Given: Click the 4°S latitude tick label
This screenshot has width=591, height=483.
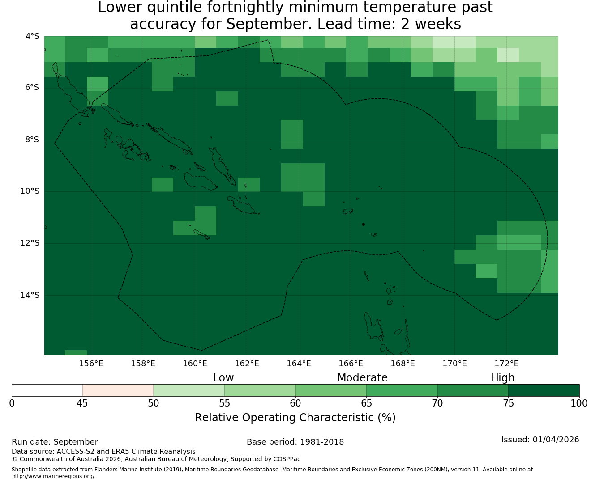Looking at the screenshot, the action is click(32, 36).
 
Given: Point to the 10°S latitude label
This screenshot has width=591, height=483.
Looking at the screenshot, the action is click(30, 191).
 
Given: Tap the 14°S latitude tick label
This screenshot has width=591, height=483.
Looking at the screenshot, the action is click(30, 295).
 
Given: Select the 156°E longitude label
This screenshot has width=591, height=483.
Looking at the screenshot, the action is click(91, 364).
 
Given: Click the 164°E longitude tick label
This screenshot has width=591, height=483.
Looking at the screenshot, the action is click(299, 364).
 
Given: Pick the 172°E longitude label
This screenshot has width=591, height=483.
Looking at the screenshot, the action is click(506, 364).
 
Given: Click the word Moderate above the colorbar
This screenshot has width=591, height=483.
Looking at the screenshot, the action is click(362, 378).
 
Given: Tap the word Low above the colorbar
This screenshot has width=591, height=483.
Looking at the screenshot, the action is click(223, 378).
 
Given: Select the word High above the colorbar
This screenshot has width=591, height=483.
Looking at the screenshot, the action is click(502, 378).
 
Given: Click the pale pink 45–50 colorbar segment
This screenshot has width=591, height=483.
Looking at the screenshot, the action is click(118, 390).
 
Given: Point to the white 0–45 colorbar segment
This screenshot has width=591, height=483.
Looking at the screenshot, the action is click(47, 390).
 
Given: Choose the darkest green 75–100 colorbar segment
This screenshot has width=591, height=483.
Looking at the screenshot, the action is click(544, 390).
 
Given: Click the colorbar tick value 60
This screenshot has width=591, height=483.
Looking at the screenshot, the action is click(295, 403).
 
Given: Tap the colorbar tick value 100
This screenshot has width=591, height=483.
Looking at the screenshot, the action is click(579, 403).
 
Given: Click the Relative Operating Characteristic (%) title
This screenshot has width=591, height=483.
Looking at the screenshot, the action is click(295, 417).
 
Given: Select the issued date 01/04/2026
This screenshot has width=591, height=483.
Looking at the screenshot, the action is click(556, 440).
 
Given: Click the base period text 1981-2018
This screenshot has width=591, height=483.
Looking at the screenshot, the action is click(322, 442).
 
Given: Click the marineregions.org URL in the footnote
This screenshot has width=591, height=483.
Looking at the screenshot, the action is click(54, 476).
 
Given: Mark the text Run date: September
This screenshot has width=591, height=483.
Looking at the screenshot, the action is click(55, 442).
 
